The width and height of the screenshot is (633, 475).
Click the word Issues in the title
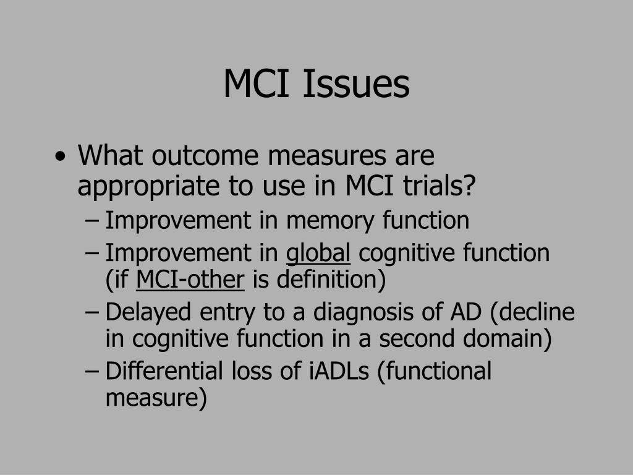(x=355, y=84)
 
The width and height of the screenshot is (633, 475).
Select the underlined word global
(x=318, y=253)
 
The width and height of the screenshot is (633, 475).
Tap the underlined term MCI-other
(x=190, y=280)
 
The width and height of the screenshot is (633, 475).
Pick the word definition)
(x=331, y=280)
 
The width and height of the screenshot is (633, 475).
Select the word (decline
(x=532, y=312)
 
